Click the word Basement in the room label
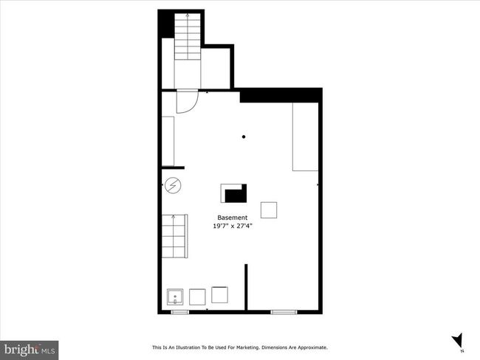click(233, 218)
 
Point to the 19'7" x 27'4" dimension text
click(233, 226)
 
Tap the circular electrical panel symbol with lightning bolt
click(173, 185)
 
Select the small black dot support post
click(244, 136)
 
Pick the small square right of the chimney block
click(269, 210)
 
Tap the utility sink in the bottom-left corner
click(175, 297)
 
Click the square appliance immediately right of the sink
click(197, 297)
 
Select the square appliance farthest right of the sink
click(219, 295)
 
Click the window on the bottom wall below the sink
click(180, 312)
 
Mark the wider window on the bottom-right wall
click(284, 312)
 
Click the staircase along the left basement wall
click(174, 236)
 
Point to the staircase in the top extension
click(188, 36)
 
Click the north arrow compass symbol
click(459, 341)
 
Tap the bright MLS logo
click(30, 350)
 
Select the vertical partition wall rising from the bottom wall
click(246, 287)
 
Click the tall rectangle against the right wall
click(305, 136)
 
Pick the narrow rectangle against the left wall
click(168, 141)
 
